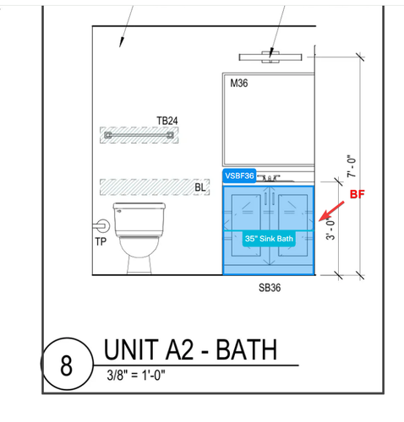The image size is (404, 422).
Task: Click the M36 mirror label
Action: (239, 84)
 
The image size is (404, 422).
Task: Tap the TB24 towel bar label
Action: (167, 121)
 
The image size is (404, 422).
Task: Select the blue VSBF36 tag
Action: (239, 176)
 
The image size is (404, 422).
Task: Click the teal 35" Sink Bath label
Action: (269, 239)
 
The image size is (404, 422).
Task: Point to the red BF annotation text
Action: (358, 194)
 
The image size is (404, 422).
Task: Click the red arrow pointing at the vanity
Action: (331, 211)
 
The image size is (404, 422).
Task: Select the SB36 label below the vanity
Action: (270, 288)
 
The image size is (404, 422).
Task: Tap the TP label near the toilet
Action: (101, 241)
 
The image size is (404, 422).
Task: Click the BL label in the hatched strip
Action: (200, 187)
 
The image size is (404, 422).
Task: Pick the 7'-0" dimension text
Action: (352, 166)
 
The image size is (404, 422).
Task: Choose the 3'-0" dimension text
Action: (330, 229)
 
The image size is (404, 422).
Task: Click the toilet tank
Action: (139, 219)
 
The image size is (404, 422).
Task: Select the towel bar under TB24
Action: (139, 135)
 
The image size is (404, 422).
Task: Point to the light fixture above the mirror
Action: (270, 57)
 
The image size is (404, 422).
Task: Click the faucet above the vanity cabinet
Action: (270, 178)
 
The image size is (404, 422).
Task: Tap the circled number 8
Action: (67, 364)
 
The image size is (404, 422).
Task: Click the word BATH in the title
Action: (247, 349)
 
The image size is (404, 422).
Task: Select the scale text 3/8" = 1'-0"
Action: (136, 375)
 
